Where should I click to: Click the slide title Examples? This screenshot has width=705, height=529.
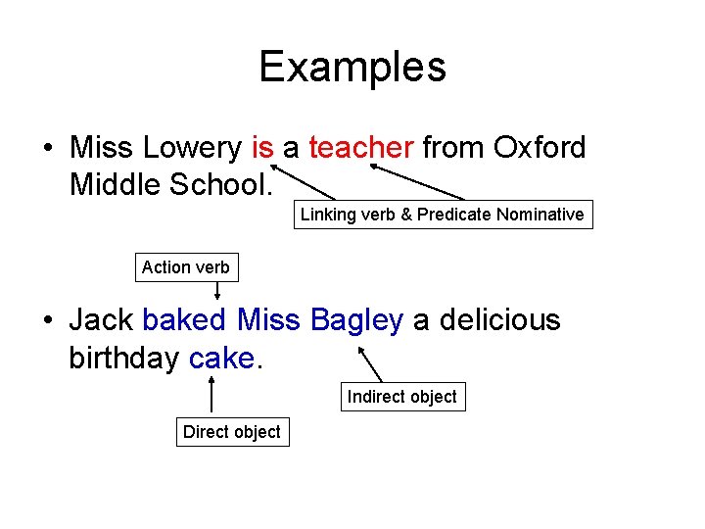click(352, 67)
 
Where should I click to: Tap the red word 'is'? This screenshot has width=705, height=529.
click(262, 148)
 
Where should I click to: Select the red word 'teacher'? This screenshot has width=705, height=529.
click(361, 148)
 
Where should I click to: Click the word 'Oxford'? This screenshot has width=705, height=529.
click(540, 148)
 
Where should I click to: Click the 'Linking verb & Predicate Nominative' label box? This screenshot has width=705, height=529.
click(443, 215)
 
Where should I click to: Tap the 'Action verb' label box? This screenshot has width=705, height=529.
click(186, 266)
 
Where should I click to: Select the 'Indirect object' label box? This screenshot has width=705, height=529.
click(401, 397)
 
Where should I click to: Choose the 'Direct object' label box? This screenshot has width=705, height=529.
click(232, 432)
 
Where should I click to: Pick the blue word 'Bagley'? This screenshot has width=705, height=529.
click(356, 320)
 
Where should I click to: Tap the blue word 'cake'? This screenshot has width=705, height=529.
click(221, 359)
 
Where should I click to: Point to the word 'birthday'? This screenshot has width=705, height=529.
click(124, 359)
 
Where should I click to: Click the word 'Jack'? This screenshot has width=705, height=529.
click(101, 320)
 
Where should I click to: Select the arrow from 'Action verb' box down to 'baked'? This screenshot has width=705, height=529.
click(217, 291)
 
